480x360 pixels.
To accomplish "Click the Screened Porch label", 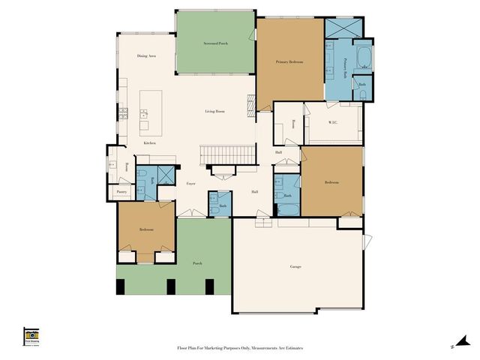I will (x=215, y=44).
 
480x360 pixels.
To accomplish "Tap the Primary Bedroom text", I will (x=289, y=62).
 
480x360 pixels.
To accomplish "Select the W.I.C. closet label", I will (x=334, y=122).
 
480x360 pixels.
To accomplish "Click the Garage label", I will (x=295, y=266).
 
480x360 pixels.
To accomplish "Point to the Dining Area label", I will (x=146, y=56).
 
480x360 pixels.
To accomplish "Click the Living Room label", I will (x=215, y=112).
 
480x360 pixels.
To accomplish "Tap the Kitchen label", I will (x=150, y=142).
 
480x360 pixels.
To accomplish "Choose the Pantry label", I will (x=121, y=192).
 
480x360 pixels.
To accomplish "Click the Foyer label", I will (x=191, y=183).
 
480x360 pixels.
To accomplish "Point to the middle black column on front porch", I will (x=171, y=286).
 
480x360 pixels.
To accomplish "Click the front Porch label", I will (x=197, y=263).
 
